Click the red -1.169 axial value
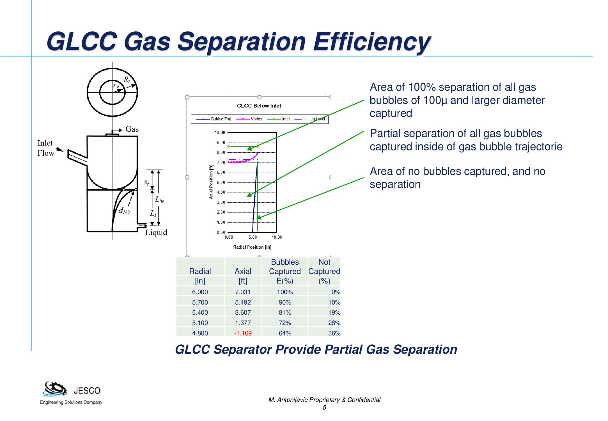point(243,333)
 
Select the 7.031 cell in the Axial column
point(243,292)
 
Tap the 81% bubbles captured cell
point(285,312)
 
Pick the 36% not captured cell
point(334,333)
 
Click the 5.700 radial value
point(200,302)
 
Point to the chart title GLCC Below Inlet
point(259,106)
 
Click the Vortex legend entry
point(249,119)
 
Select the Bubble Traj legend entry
point(214,119)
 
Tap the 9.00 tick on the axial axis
point(221,143)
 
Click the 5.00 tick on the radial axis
point(253,237)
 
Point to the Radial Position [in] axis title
point(252,247)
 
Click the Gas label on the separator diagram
point(132,129)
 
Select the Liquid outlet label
point(156,233)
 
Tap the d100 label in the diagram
point(124,210)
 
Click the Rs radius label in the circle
point(127,79)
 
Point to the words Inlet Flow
point(46,148)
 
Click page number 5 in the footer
point(324,408)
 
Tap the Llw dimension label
point(159,200)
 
